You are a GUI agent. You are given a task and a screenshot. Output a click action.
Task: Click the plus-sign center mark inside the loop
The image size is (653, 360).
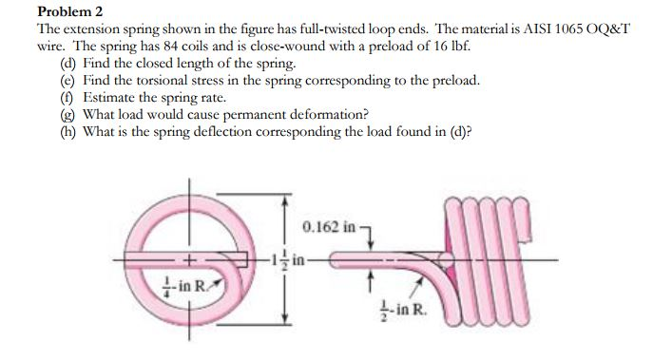(x=190, y=259)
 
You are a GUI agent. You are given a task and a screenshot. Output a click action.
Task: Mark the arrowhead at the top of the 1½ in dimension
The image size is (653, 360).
(x=283, y=201)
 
